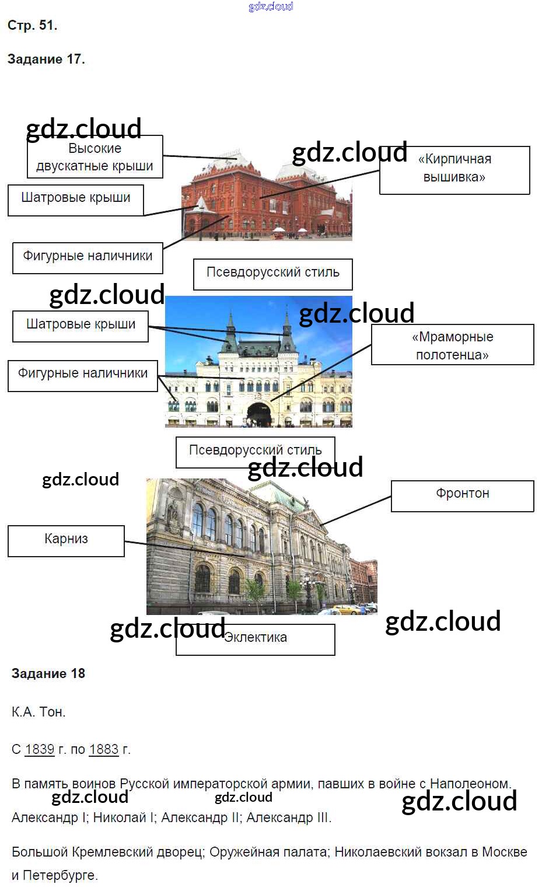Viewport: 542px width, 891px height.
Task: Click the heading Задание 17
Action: coord(46,60)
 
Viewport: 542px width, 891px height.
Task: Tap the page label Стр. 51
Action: coord(32,26)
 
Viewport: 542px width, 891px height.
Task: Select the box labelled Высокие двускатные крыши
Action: coord(95,157)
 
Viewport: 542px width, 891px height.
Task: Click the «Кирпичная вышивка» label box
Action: coord(454,170)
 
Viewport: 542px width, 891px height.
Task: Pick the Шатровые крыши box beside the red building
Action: coord(76,201)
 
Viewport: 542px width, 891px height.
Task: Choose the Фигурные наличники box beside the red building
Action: coord(88,258)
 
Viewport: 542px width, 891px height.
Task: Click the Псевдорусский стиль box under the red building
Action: coord(273,274)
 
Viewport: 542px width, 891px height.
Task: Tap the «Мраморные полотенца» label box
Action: coord(453,344)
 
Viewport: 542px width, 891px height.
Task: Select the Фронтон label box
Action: coord(463,496)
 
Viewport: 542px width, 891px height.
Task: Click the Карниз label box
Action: coord(66,541)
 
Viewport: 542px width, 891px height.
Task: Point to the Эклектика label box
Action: coord(256,640)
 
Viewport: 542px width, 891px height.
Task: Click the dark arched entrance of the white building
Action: coord(259,414)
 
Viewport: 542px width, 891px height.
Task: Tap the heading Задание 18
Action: coord(48,673)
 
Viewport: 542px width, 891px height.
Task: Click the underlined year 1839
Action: coord(40,749)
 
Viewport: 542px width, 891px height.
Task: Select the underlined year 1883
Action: coord(104,749)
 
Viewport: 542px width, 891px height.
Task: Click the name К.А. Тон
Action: coord(39,712)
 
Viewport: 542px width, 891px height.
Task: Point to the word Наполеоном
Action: coord(470,784)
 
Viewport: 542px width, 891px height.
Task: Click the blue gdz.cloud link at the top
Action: coord(271,6)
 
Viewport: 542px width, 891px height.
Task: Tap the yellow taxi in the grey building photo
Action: coord(346,609)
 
